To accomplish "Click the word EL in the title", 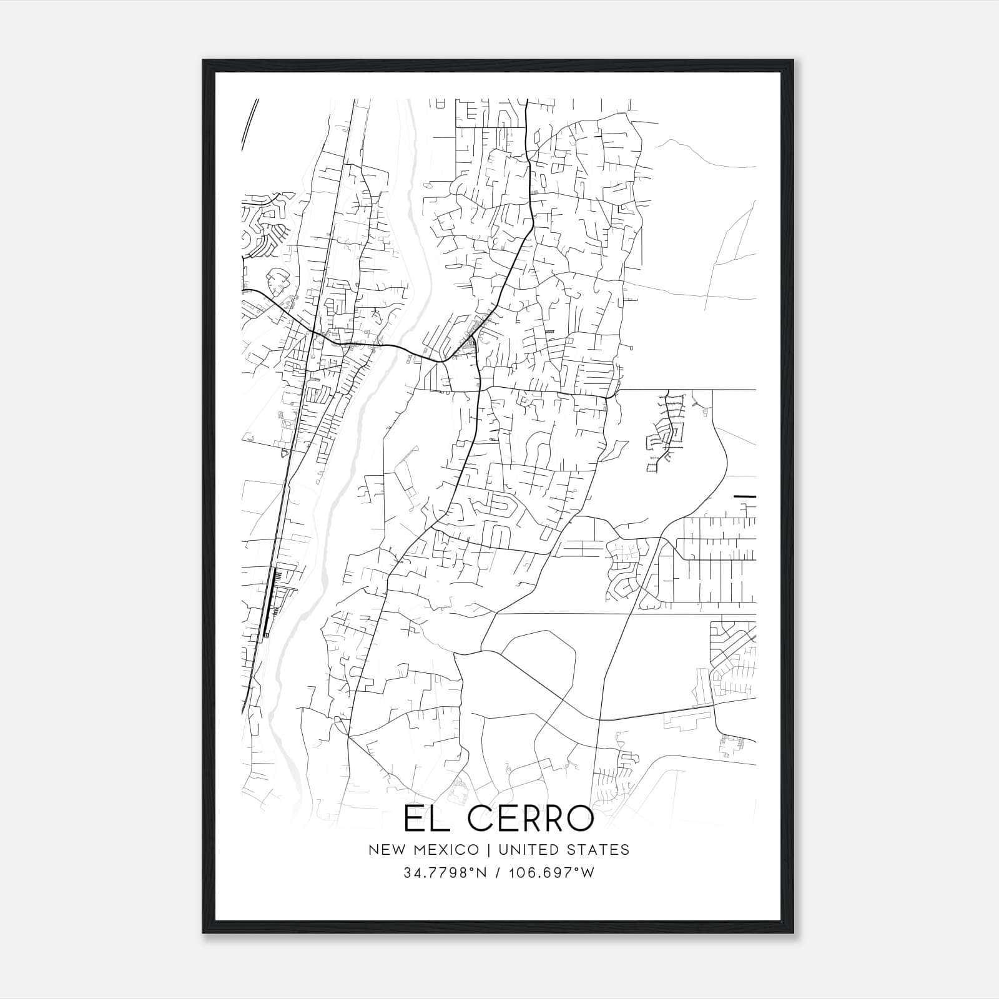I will [x=424, y=819].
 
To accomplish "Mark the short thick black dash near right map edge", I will [x=745, y=496].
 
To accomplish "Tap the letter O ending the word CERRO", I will [x=579, y=819].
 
